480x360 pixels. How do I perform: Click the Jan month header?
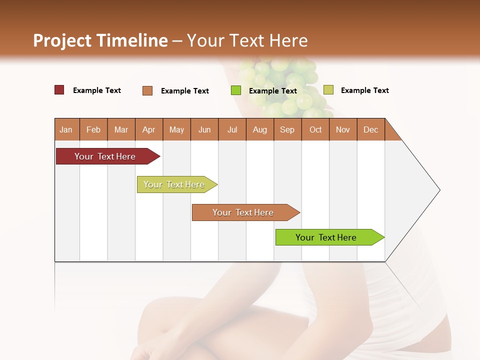click(x=66, y=129)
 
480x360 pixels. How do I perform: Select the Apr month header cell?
click(x=149, y=129)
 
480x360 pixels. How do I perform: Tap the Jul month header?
click(x=232, y=129)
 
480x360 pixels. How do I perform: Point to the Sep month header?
click(x=287, y=129)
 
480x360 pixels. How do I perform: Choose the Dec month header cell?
click(x=370, y=129)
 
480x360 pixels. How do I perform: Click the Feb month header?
click(x=93, y=129)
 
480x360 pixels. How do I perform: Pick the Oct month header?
click(x=315, y=129)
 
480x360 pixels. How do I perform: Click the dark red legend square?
click(x=59, y=90)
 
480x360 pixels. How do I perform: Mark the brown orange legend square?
click(x=147, y=90)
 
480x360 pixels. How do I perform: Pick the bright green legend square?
click(x=236, y=90)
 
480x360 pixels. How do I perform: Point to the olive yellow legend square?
click(x=328, y=90)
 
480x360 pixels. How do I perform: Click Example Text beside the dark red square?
click(x=97, y=90)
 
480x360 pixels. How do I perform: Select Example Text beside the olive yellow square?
click(x=364, y=90)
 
